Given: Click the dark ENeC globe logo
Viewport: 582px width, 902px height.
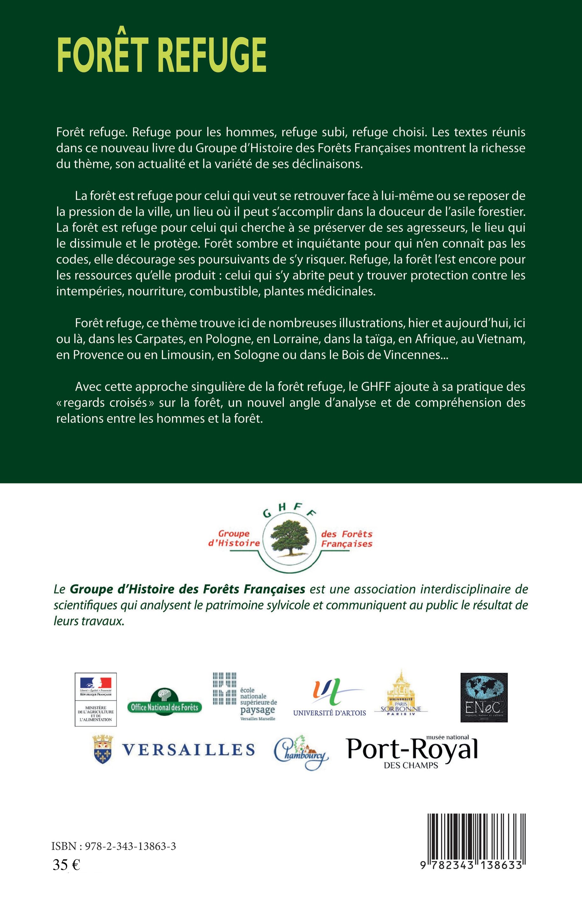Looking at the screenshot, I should (x=483, y=697).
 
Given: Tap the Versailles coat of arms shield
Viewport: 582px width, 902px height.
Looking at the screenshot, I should (x=103, y=749).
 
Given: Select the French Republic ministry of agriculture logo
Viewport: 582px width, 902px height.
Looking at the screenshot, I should (x=96, y=699).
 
